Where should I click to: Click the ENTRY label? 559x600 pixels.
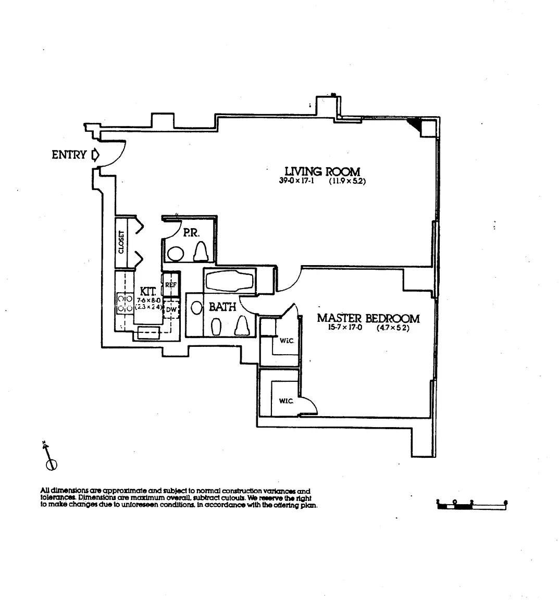[69, 155]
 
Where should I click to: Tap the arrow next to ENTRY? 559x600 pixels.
[95, 155]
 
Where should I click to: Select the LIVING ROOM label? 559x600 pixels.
[322, 171]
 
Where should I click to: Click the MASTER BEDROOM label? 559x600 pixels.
[368, 318]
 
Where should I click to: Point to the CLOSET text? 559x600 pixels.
[121, 243]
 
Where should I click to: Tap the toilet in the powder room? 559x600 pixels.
[202, 253]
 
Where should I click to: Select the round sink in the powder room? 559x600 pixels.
[176, 254]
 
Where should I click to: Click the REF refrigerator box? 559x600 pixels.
[171, 285]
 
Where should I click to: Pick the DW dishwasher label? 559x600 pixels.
[171, 310]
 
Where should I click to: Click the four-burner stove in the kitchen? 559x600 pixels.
[125, 304]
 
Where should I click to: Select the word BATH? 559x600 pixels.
[222, 307]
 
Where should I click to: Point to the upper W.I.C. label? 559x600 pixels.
[285, 342]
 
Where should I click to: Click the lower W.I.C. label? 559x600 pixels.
[285, 401]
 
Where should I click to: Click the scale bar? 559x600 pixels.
[471, 504]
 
